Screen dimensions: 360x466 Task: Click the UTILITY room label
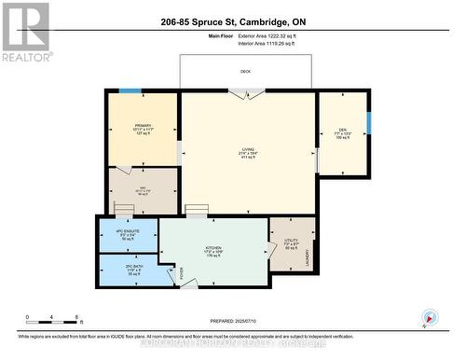pyautogui.click(x=291, y=241)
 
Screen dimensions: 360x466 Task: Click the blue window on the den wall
pyautogui.click(x=368, y=122)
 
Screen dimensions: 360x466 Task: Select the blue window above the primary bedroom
pyautogui.click(x=130, y=90)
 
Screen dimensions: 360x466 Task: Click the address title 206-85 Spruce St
pyautogui.click(x=245, y=21)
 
